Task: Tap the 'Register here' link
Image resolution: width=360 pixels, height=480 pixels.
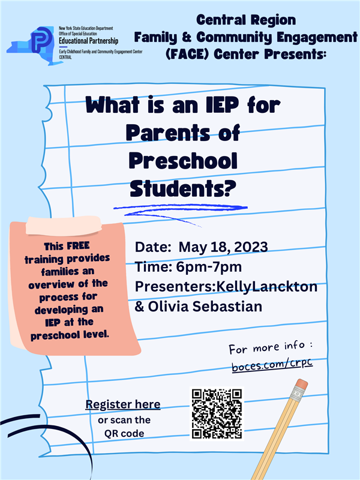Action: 123,404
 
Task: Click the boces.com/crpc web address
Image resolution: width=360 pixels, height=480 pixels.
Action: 272,364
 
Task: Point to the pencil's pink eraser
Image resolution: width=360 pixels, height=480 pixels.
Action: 302,383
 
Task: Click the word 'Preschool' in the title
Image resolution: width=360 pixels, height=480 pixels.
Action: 183,160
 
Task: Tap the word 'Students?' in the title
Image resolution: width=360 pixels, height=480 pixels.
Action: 183,188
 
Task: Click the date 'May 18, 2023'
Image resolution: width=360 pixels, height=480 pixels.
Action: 223,247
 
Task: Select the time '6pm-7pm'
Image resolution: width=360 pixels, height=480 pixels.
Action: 209,267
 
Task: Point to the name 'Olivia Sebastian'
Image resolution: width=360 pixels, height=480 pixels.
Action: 205,307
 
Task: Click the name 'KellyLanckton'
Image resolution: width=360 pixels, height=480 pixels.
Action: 267,287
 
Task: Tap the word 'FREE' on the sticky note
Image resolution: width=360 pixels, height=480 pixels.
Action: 78,246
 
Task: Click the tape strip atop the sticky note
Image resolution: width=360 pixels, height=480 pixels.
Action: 64,226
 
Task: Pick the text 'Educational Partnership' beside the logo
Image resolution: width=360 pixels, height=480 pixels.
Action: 88,41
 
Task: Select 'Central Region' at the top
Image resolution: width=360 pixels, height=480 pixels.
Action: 246,20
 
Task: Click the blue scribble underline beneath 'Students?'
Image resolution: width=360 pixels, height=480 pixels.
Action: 181,211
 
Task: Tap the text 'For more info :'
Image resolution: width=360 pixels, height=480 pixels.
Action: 271,347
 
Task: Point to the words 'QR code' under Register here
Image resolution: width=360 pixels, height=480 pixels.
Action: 124,433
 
